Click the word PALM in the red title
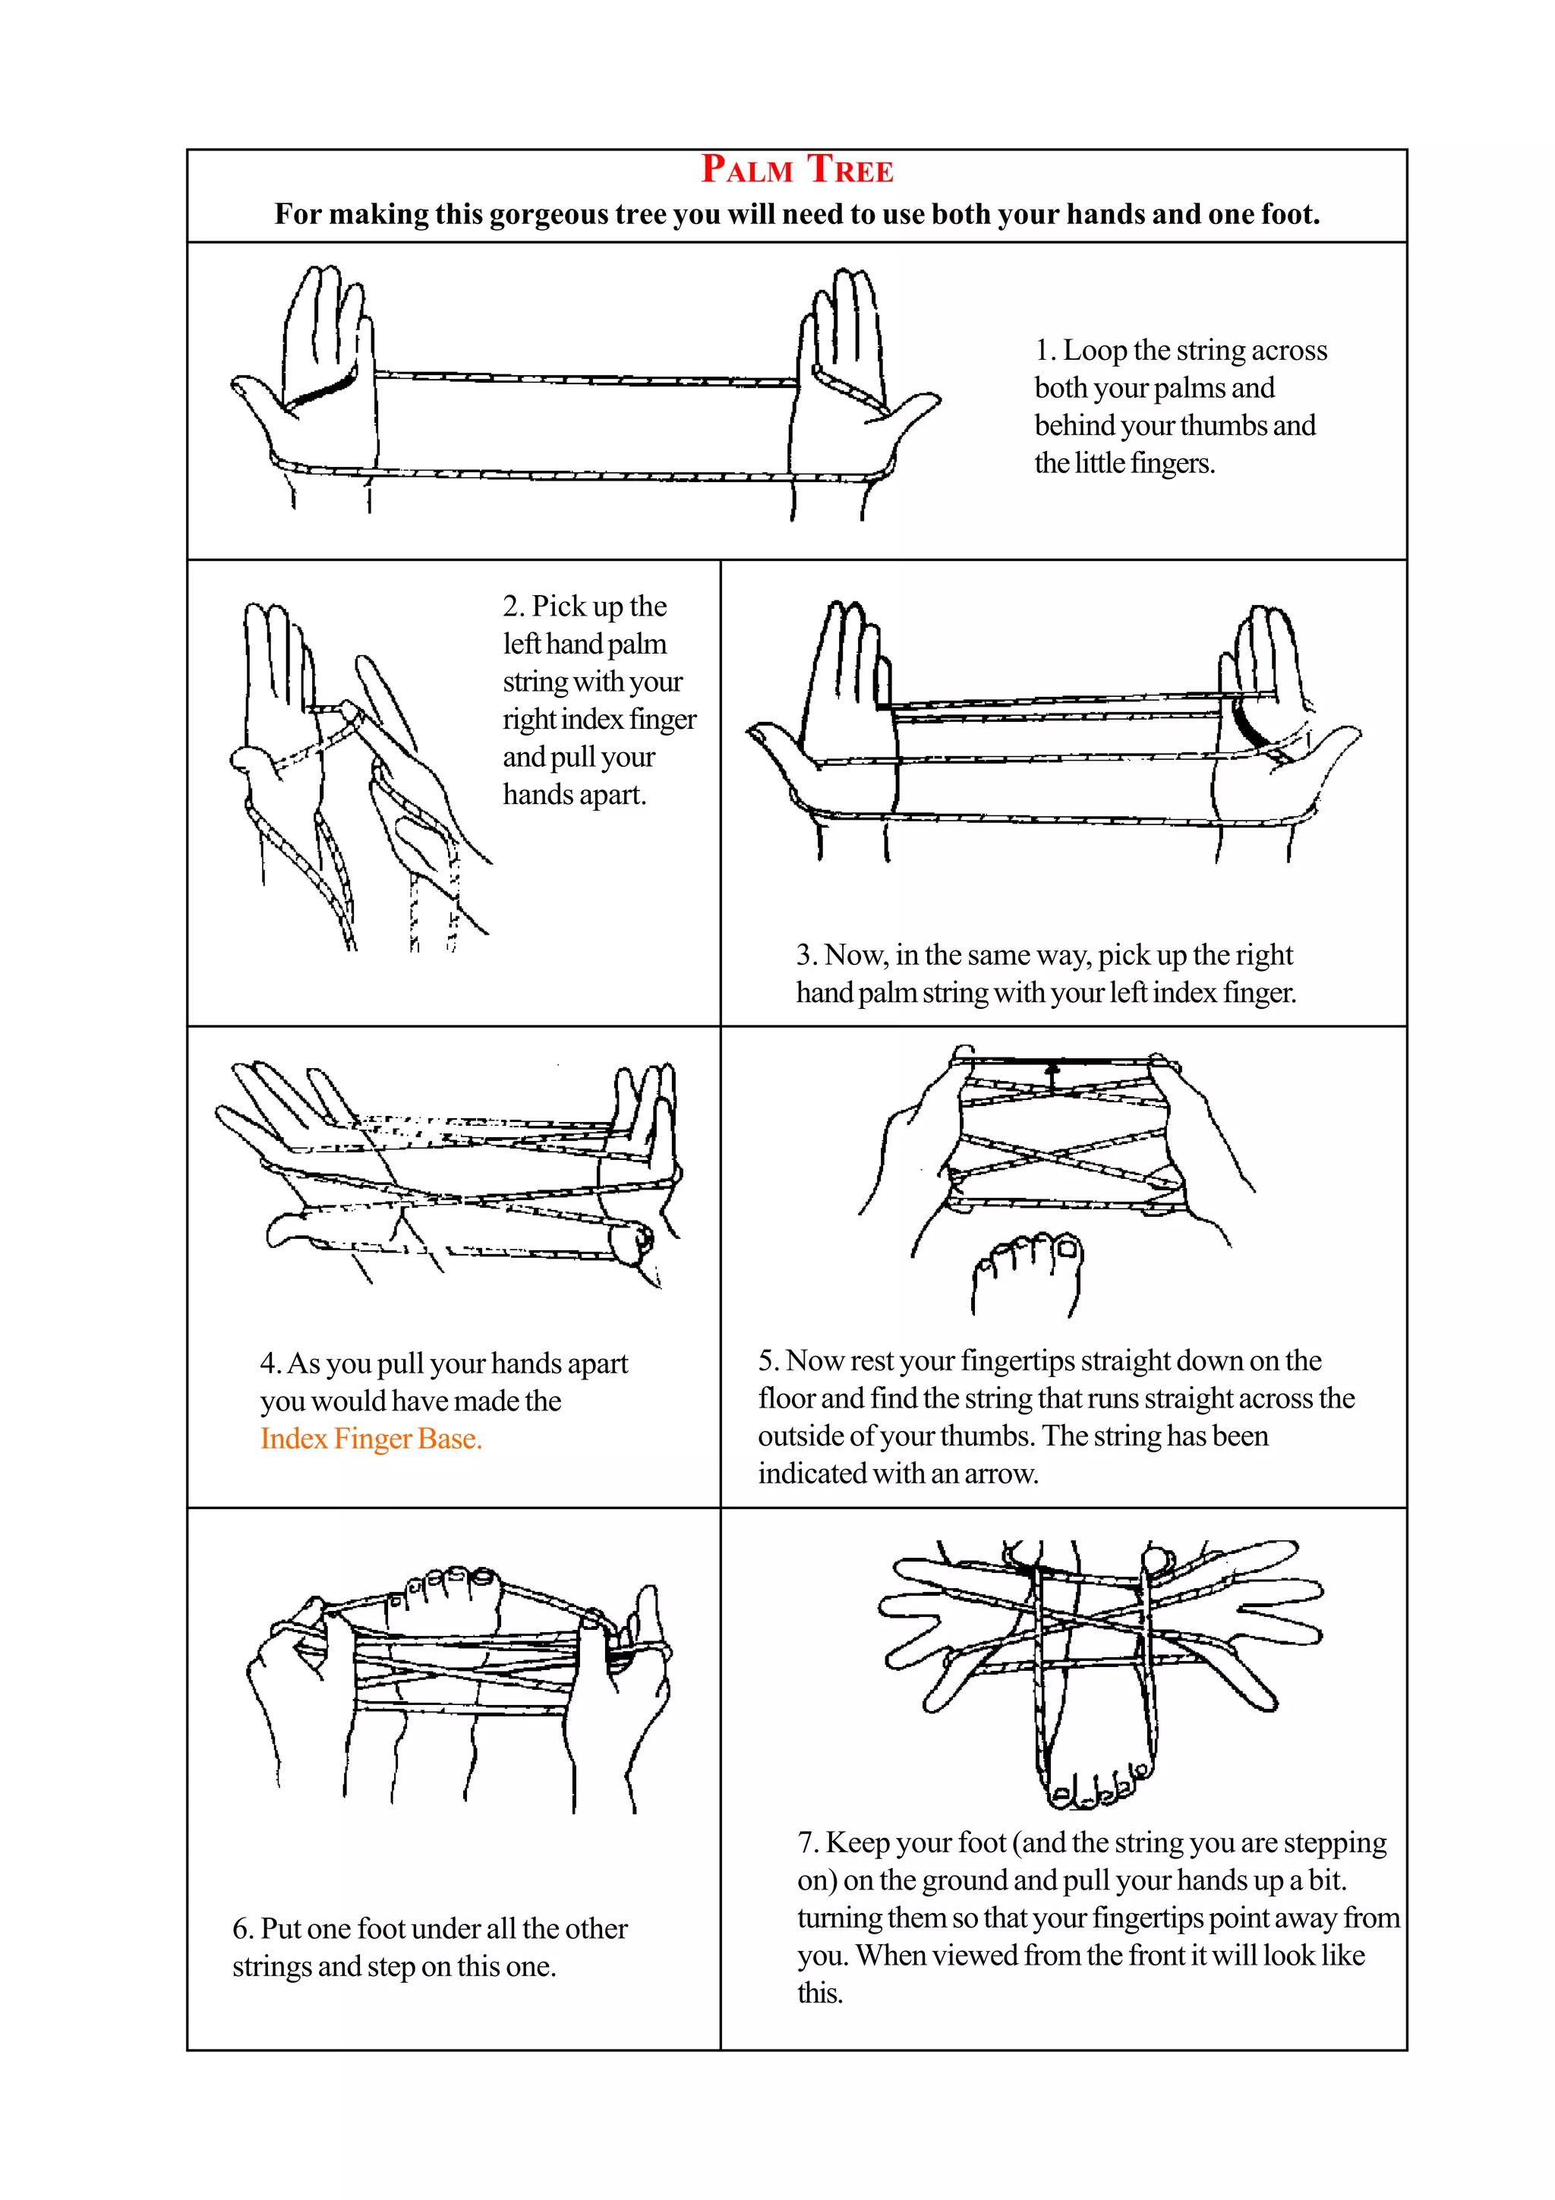(746, 169)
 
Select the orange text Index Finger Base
(371, 1439)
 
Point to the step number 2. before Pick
(513, 607)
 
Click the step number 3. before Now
(806, 955)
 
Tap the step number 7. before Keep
(808, 1842)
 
